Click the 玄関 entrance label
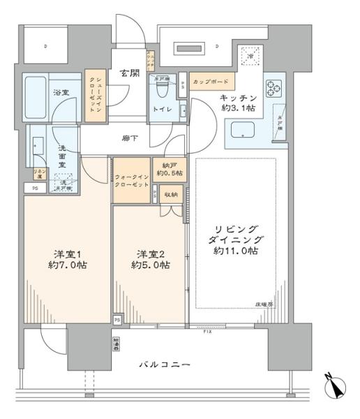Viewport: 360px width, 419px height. (127, 73)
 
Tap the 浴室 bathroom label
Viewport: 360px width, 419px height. (61, 92)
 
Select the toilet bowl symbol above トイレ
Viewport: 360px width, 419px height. (163, 89)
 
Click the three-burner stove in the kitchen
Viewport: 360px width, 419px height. (273, 89)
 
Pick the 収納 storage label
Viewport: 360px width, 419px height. (170, 195)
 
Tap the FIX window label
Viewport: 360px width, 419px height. (207, 331)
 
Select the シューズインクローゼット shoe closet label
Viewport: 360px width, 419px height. (93, 96)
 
